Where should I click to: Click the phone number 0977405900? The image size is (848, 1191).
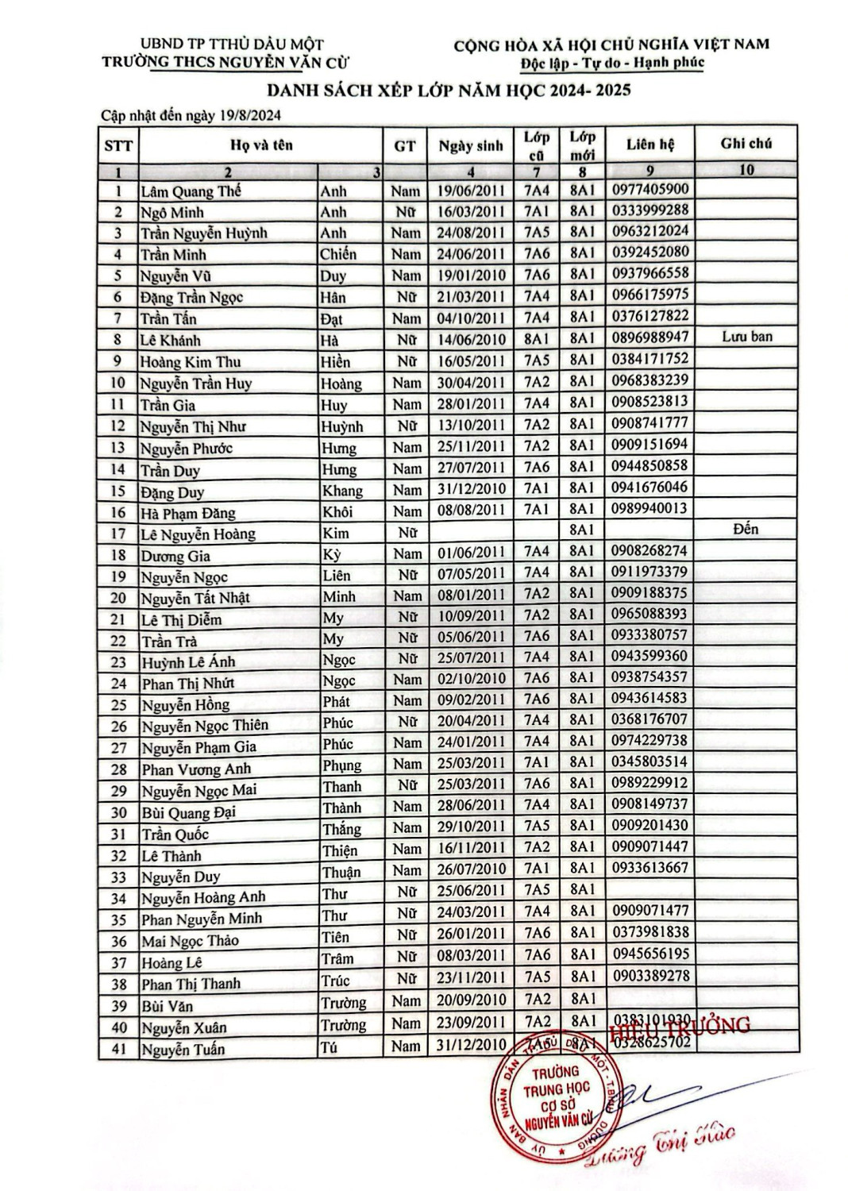[650, 190]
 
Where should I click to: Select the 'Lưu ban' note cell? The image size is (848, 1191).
[746, 337]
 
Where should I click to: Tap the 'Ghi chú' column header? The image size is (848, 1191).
[746, 144]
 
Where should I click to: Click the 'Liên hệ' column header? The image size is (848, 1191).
[649, 145]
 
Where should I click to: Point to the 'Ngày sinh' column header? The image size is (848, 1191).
[471, 145]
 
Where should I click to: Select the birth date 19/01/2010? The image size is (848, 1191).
[471, 275]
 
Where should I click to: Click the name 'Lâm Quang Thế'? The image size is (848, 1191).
[191, 191]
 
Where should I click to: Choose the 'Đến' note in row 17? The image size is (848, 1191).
[746, 529]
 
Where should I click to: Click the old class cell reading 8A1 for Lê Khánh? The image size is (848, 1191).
[537, 339]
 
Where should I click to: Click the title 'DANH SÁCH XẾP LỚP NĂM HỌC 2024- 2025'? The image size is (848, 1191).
[449, 90]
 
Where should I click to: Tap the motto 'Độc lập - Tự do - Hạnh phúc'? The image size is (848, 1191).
[612, 63]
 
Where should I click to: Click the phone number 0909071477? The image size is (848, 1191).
[650, 910]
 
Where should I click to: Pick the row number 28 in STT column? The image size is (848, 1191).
[118, 769]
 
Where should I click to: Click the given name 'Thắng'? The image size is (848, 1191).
[341, 829]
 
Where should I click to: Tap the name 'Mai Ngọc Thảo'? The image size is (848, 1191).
[190, 941]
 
